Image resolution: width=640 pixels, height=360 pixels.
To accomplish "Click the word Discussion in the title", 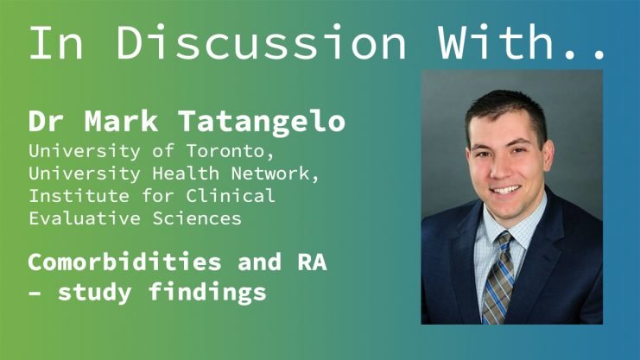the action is pyautogui.click(x=261, y=42).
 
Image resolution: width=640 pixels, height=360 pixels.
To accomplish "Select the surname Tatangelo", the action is pyautogui.click(x=262, y=122).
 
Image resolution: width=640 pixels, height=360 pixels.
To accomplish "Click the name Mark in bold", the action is pyautogui.click(x=121, y=121).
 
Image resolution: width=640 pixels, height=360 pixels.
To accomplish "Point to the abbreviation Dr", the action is pyautogui.click(x=46, y=121).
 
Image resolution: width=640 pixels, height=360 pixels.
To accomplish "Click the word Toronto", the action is pyautogui.click(x=231, y=151).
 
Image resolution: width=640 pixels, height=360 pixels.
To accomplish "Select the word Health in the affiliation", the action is pyautogui.click(x=186, y=174).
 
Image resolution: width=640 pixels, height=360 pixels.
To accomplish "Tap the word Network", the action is pyautogui.click(x=276, y=174).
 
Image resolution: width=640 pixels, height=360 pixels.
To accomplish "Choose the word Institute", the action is pyautogui.click(x=79, y=196).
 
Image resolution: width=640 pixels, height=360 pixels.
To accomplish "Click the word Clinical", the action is pyautogui.click(x=231, y=196).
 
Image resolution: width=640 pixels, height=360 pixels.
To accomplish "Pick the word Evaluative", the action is pyautogui.click(x=85, y=218).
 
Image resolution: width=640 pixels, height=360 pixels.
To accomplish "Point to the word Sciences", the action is pyautogui.click(x=197, y=218).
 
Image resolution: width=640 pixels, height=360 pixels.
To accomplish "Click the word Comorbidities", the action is pyautogui.click(x=124, y=262).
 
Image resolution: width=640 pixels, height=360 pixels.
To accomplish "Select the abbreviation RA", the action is pyautogui.click(x=313, y=262).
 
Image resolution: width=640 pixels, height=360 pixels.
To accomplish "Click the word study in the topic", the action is pyautogui.click(x=95, y=293).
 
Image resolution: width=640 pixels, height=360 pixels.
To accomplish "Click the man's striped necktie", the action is pyautogui.click(x=497, y=278).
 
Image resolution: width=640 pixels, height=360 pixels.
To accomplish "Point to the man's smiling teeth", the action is pyautogui.click(x=506, y=190).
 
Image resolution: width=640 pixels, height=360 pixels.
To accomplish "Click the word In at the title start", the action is pyautogui.click(x=56, y=42).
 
